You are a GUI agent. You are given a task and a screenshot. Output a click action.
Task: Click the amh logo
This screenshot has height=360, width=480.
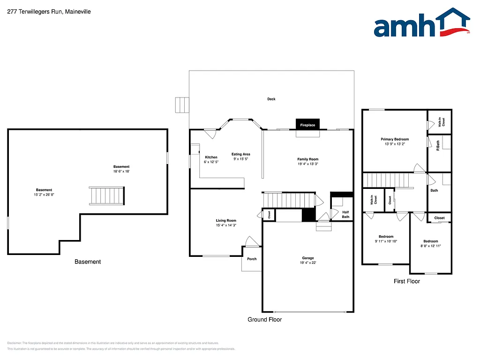pos(421,23)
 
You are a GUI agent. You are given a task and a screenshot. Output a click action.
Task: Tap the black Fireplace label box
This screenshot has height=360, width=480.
pos(307,125)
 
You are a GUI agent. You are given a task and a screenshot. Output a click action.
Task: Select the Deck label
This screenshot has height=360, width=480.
pos(271,99)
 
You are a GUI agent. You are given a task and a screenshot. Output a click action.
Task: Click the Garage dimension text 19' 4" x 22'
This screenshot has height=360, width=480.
pos(308,263)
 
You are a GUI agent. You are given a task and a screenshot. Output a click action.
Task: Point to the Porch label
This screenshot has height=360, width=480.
pos(252,259)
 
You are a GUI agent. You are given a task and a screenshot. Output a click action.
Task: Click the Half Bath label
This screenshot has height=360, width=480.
pos(345,215)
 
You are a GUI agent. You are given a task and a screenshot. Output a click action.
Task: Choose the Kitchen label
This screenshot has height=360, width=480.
pos(211,157)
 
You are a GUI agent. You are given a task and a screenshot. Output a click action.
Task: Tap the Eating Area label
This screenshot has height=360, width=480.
pos(241,154)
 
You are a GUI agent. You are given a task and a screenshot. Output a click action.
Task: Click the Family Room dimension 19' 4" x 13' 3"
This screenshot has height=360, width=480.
pos(307,164)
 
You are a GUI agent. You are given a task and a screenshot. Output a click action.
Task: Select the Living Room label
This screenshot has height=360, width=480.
pos(226,220)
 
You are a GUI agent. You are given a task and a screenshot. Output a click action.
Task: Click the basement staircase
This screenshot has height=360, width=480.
pos(107,195)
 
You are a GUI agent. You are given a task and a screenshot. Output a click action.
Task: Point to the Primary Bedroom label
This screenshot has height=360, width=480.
pos(394,139)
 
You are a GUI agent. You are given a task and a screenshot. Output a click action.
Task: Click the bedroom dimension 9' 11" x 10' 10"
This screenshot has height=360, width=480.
pos(386,241)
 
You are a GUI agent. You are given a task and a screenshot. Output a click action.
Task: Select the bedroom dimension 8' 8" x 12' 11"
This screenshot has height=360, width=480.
pos(430,246)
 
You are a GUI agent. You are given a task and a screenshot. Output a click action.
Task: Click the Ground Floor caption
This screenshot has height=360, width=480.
pos(265,319)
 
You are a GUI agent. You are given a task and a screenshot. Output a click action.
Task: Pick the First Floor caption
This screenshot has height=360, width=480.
pos(406,281)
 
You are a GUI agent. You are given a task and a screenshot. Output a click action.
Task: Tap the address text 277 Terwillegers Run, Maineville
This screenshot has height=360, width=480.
pos(49,11)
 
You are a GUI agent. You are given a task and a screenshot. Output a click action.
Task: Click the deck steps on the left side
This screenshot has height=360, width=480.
pos(181,105)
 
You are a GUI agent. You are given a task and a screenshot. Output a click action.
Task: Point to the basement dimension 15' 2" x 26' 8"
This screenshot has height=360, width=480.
pos(44,195)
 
